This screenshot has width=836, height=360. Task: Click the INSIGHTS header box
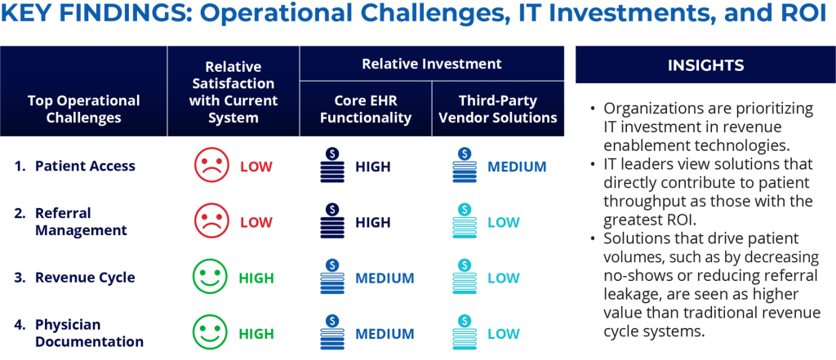[705, 65]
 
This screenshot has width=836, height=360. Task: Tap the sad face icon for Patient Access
[211, 166]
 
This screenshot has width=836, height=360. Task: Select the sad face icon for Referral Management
[211, 221]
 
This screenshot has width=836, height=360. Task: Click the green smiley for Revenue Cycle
[209, 278]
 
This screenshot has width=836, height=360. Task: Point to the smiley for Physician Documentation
[209, 333]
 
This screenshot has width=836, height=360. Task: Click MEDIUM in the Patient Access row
[517, 167]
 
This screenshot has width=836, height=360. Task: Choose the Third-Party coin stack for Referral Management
[465, 221]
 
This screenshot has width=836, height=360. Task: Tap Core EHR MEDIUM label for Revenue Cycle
[385, 278]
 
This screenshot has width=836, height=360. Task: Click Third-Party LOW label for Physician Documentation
[503, 334]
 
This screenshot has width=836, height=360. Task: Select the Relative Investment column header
[432, 64]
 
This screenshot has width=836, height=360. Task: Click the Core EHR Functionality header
[366, 109]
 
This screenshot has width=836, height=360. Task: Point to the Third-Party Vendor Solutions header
[497, 109]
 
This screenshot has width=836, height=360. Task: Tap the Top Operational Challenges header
[84, 109]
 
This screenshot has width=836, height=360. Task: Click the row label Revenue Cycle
[85, 278]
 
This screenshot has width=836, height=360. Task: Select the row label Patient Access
[85, 166]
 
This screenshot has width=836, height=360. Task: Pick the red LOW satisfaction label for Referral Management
[256, 222]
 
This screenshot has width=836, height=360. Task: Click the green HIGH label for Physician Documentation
[256, 334]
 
